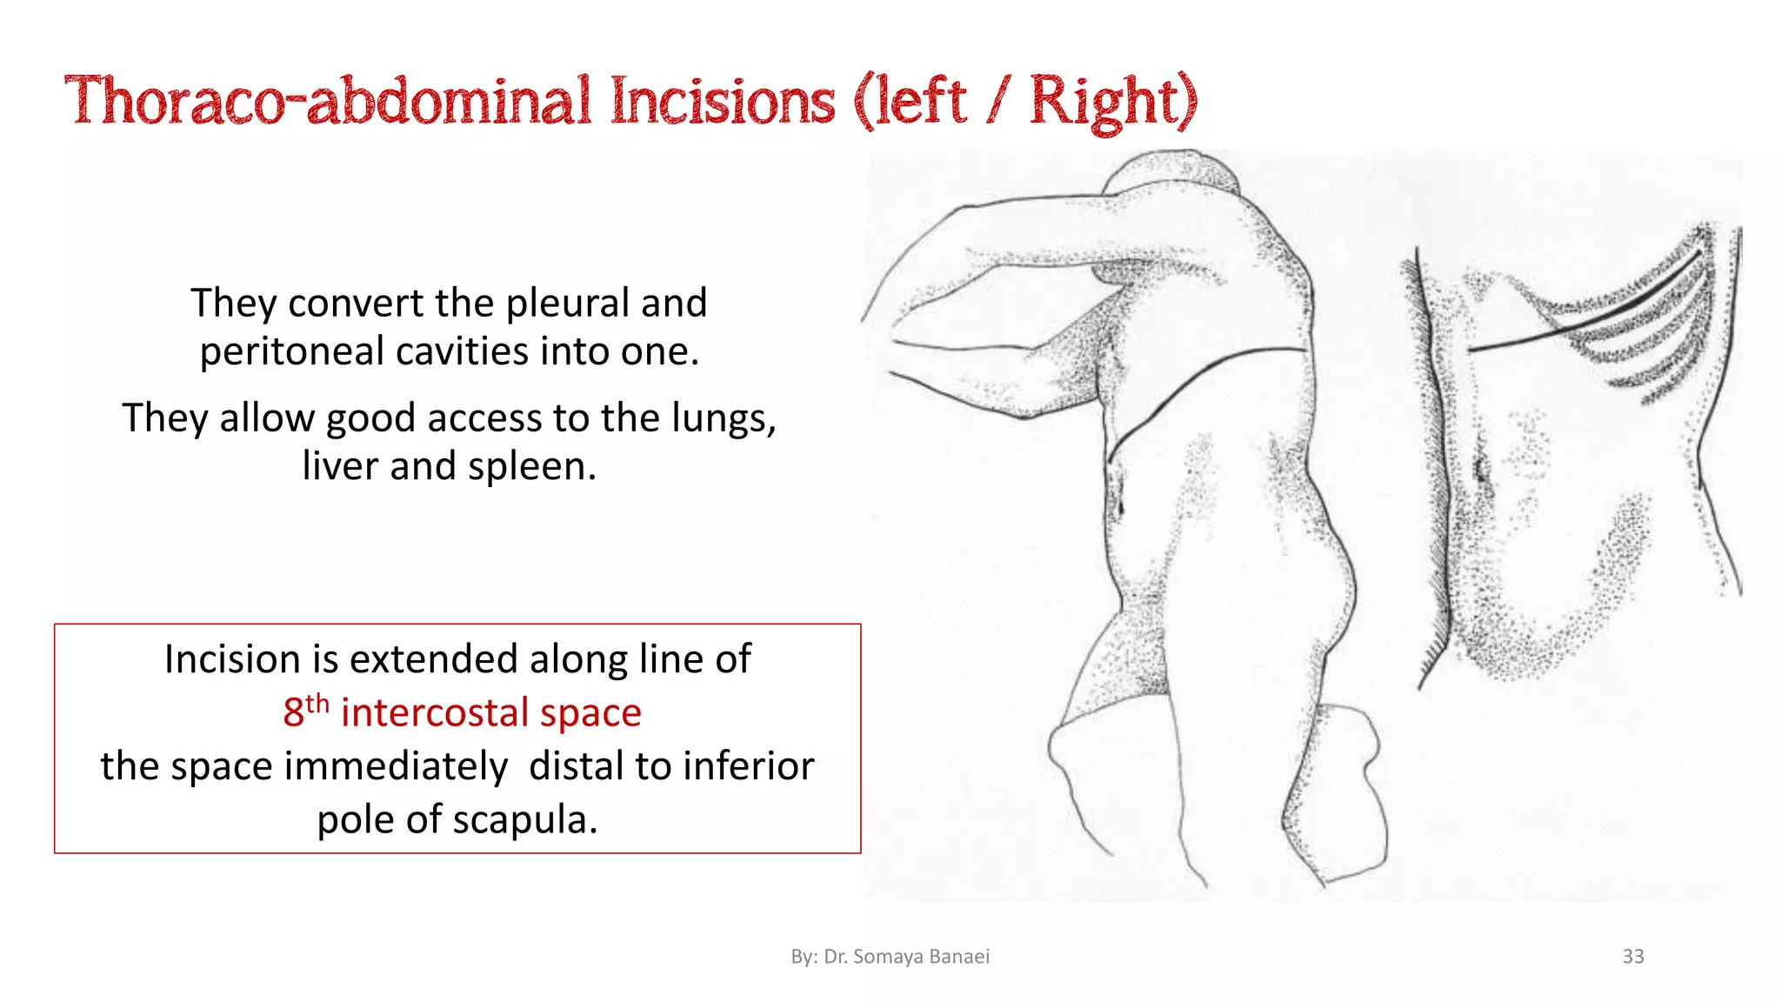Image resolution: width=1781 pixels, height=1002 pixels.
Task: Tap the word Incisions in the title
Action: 722,102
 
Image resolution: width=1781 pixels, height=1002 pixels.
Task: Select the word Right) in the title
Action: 1113,102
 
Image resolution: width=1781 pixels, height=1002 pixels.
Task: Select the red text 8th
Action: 305,711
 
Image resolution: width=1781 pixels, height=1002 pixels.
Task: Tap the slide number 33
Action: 1632,956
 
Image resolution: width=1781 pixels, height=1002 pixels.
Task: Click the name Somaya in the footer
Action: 887,957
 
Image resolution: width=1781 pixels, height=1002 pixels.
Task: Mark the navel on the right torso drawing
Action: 1481,471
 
